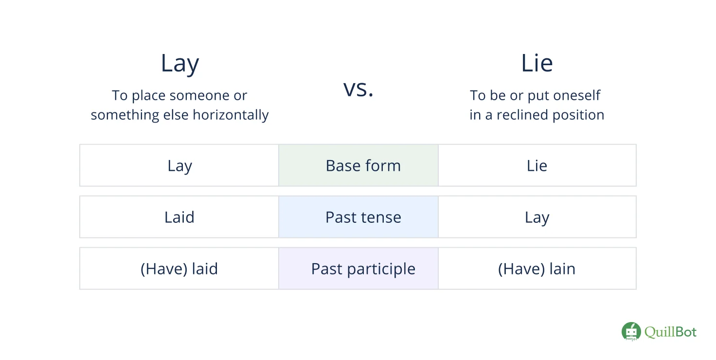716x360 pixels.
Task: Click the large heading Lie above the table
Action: tap(537, 64)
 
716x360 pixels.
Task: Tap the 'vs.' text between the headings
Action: tap(358, 89)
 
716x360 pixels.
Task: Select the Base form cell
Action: tap(363, 166)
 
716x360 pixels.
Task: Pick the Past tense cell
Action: tap(363, 217)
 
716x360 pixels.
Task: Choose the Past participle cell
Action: tap(363, 269)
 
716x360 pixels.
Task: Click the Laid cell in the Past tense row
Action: tap(179, 217)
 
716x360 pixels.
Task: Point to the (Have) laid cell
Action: tap(179, 269)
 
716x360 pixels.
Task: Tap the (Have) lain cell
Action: tap(537, 269)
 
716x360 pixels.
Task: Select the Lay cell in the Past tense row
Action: tap(537, 217)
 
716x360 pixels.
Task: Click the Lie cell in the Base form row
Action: tap(537, 166)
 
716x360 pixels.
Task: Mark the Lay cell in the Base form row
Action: tap(179, 166)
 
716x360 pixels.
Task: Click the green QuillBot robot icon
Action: tap(631, 332)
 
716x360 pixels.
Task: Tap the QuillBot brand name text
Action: tap(671, 332)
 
